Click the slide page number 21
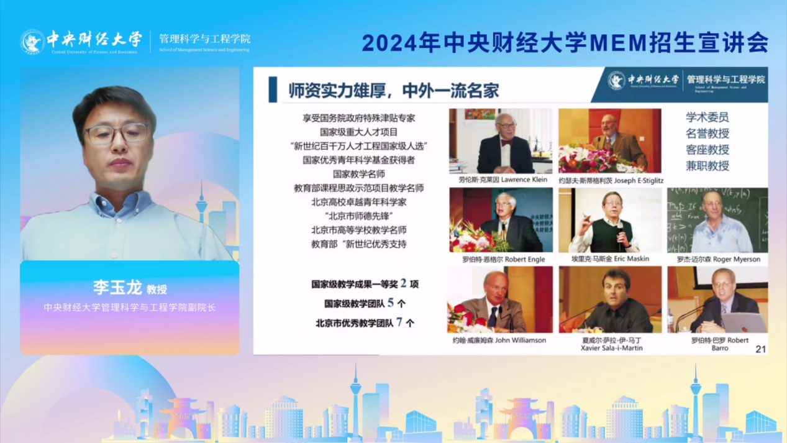[x=760, y=349]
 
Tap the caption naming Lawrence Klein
[x=499, y=180]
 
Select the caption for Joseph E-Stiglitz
[x=611, y=180]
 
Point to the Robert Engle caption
[x=503, y=259]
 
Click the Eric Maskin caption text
[x=610, y=258]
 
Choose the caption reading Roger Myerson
[x=718, y=259]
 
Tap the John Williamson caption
[x=499, y=340]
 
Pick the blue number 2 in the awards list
[x=403, y=283]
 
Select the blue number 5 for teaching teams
[x=391, y=303]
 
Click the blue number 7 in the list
[x=399, y=322]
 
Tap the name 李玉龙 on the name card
[x=117, y=287]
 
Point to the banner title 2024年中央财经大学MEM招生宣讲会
[x=565, y=42]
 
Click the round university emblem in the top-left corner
[x=32, y=42]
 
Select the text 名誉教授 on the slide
[x=707, y=134]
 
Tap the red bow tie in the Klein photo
[x=506, y=142]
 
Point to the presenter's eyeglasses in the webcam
[x=117, y=133]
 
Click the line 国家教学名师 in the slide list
[x=359, y=174]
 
